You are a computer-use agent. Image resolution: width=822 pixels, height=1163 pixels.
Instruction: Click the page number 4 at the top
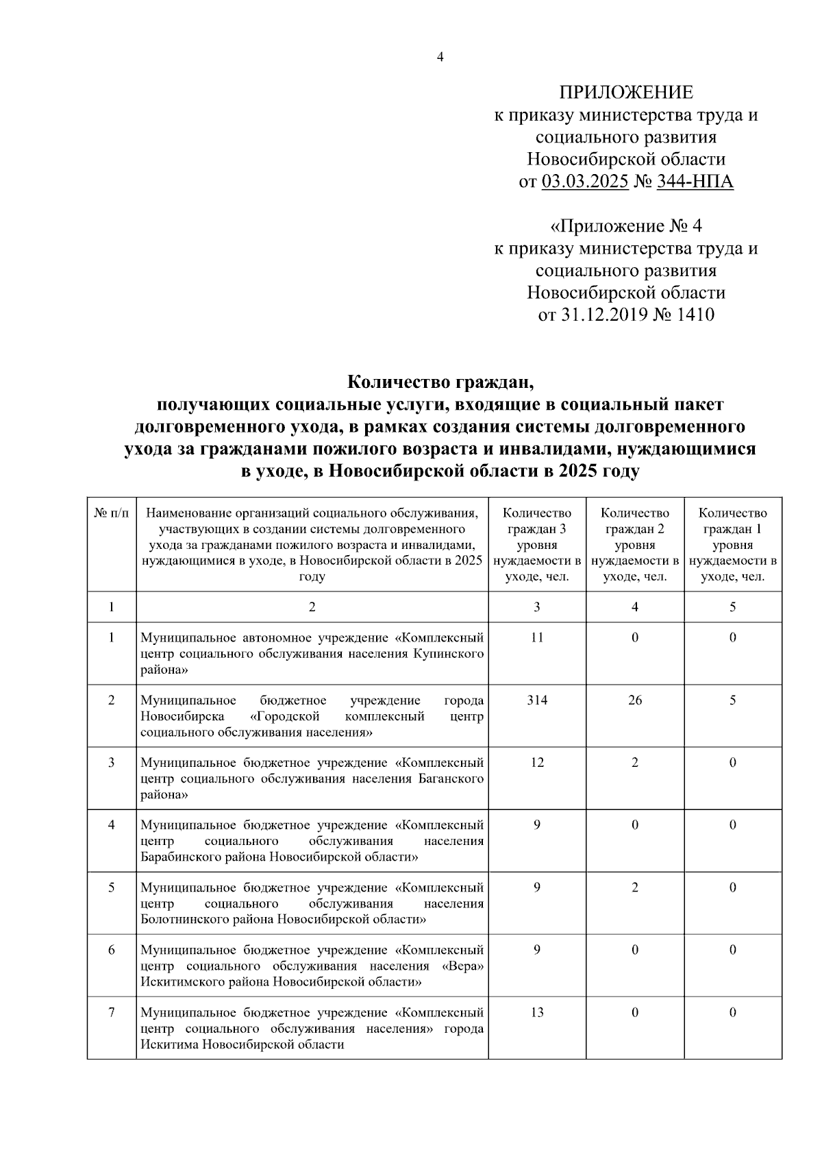[440, 58]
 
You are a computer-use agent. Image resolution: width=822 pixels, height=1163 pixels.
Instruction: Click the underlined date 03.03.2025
[584, 182]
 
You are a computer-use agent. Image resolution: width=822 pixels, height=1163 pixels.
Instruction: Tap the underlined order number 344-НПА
[695, 182]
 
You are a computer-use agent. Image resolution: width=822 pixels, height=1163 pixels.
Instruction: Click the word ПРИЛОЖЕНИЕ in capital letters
[626, 93]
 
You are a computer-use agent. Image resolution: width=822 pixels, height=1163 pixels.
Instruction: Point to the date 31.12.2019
[603, 315]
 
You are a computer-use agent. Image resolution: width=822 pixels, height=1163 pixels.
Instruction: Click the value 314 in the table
[537, 700]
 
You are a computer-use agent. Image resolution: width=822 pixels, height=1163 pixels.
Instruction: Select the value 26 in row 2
[635, 700]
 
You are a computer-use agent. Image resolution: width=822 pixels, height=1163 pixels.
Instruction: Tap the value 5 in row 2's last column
[732, 700]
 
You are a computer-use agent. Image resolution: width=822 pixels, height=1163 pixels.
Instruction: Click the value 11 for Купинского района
[537, 637]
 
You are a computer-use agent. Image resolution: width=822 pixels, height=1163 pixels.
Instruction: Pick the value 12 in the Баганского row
[537, 763]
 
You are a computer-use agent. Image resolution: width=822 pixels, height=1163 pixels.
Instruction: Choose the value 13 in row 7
[537, 1013]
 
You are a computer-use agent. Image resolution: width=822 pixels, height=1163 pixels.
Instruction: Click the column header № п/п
[111, 513]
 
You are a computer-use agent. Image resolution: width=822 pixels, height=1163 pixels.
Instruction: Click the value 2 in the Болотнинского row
[635, 887]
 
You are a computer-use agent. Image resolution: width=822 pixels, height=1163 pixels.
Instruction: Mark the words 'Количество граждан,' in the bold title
[439, 381]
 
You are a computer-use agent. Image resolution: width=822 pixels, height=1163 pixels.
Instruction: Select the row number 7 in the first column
[111, 1013]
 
